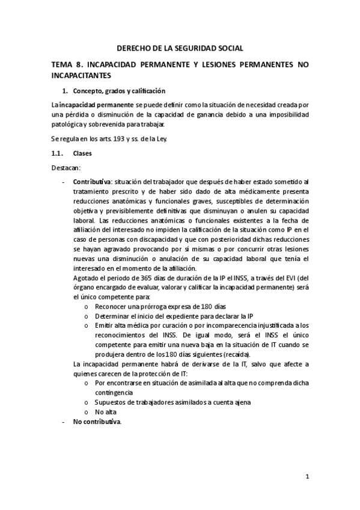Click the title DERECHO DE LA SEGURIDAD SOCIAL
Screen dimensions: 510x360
(x=180, y=48)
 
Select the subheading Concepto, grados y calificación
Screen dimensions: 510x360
(x=118, y=91)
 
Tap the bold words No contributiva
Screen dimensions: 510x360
(x=97, y=422)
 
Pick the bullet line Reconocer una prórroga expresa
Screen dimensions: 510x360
(x=153, y=306)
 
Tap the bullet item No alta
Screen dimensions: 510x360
(x=105, y=412)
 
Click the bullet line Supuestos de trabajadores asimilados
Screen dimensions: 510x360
(x=172, y=402)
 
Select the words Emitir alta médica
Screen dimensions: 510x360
(x=120, y=325)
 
